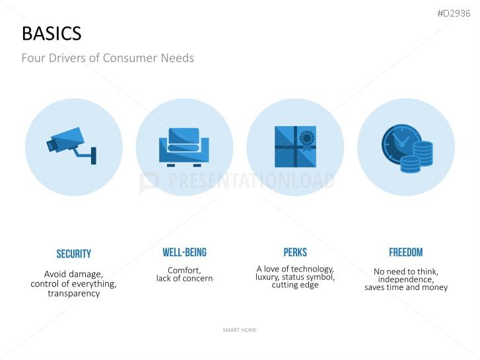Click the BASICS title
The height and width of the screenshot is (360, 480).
(x=51, y=34)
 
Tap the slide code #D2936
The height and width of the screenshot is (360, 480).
(x=454, y=13)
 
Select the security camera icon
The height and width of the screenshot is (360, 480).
(x=71, y=145)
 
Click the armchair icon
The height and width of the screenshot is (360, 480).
(x=184, y=147)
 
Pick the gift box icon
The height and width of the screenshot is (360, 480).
(x=295, y=147)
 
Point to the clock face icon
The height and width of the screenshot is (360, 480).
(x=399, y=144)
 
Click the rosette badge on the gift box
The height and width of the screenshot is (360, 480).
(x=307, y=140)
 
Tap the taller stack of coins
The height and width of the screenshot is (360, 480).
(x=423, y=153)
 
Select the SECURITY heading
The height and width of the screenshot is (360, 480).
(x=74, y=254)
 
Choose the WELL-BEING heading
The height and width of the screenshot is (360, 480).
(x=185, y=252)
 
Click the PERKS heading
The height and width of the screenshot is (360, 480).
(x=295, y=252)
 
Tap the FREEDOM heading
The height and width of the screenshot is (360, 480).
(x=406, y=252)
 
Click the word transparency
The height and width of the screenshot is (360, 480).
(x=74, y=293)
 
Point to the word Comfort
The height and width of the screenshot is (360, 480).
(x=184, y=270)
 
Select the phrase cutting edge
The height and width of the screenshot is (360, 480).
(x=295, y=285)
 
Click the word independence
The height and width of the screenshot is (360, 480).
(x=406, y=279)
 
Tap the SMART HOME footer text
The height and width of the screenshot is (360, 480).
(x=240, y=330)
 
